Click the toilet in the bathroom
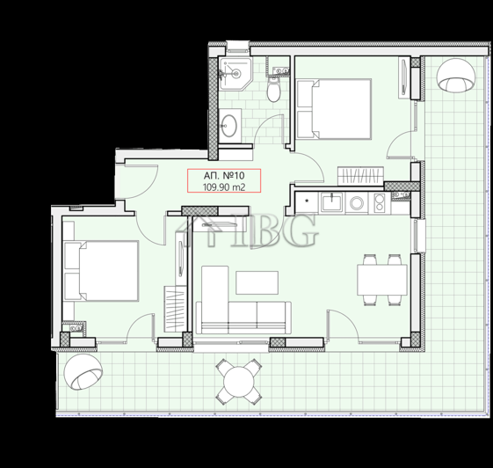[274, 88]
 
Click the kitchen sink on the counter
[332, 203]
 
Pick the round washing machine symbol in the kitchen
[357, 203]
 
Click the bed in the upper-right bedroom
[333, 109]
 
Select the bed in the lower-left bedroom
[101, 269]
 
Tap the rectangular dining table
[381, 280]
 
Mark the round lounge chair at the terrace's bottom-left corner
[86, 373]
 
